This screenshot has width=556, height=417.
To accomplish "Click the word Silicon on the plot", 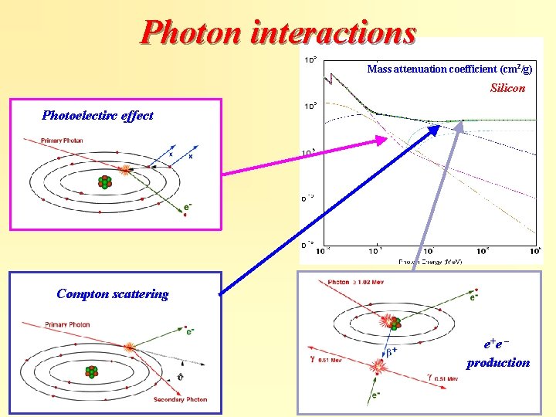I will (507, 88).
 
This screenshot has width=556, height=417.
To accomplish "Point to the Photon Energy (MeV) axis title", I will (430, 262).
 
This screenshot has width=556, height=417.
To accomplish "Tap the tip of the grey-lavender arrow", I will (462, 124).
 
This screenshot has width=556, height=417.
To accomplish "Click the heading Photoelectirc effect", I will (97, 116).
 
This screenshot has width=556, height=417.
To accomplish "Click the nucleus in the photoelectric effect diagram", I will (103, 181).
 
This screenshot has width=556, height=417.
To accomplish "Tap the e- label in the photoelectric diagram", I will (189, 207).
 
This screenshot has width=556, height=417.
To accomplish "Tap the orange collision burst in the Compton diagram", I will (130, 347).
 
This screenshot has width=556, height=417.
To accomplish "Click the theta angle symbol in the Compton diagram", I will (180, 378).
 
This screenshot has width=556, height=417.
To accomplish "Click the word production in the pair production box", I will (498, 362).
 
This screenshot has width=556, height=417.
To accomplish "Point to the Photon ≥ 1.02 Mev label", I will (358, 282).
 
